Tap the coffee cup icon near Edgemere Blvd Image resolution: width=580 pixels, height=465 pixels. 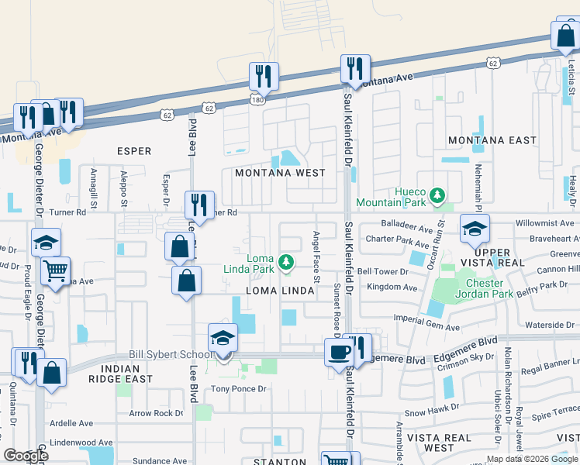click(338, 352)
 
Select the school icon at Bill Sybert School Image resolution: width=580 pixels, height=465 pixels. click(223, 339)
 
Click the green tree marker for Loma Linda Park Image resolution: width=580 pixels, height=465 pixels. click(287, 263)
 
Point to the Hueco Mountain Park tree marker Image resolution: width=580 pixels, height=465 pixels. click(438, 194)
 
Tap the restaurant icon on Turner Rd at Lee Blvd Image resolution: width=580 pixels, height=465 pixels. click(199, 205)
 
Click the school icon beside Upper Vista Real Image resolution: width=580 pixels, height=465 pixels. click(474, 229)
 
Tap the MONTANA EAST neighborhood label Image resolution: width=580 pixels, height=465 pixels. click(492, 140)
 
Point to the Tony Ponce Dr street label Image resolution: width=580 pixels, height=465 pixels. click(239, 389)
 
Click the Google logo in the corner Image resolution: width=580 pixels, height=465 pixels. click(25, 456)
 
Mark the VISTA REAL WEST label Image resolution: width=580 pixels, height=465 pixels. click(440, 443)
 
